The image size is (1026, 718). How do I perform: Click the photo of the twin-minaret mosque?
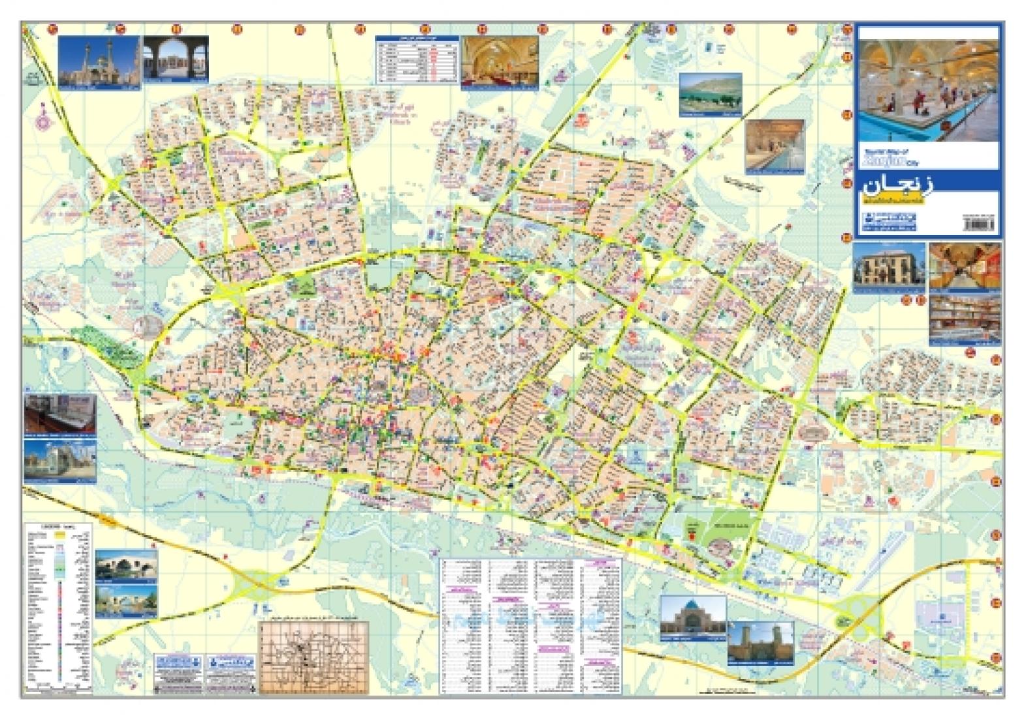(x=99, y=61)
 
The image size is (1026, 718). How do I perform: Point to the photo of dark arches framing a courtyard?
(x=175, y=58)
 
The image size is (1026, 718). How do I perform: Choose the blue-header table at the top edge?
(x=415, y=58)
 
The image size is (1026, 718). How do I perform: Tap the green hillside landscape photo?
(x=711, y=95)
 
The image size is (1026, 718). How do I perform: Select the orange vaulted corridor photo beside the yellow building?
(x=963, y=265)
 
